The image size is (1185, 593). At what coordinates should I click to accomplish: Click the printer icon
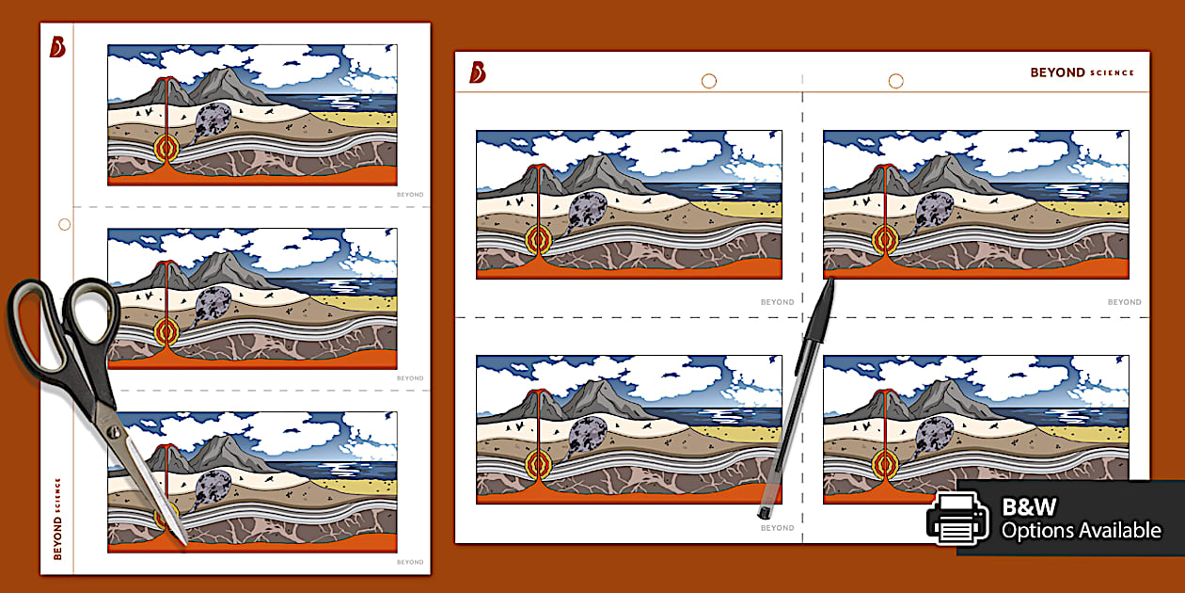pyautogui.click(x=957, y=519)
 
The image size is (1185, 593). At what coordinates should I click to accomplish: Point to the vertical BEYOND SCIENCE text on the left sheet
pyautogui.click(x=57, y=519)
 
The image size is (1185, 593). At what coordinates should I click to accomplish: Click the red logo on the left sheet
pyautogui.click(x=58, y=47)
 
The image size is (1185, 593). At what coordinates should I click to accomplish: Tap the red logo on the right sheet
pyautogui.click(x=478, y=72)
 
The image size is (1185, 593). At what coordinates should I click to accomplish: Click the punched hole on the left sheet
pyautogui.click(x=64, y=224)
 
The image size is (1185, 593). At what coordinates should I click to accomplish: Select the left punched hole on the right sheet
pyautogui.click(x=709, y=81)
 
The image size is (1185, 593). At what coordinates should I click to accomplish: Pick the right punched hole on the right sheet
pyautogui.click(x=895, y=81)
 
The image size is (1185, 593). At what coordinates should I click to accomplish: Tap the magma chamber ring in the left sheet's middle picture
pyautogui.click(x=167, y=329)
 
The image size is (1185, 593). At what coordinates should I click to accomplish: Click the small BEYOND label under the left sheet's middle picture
pyautogui.click(x=409, y=378)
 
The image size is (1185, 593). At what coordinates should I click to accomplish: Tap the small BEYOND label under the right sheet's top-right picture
pyautogui.click(x=1124, y=302)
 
